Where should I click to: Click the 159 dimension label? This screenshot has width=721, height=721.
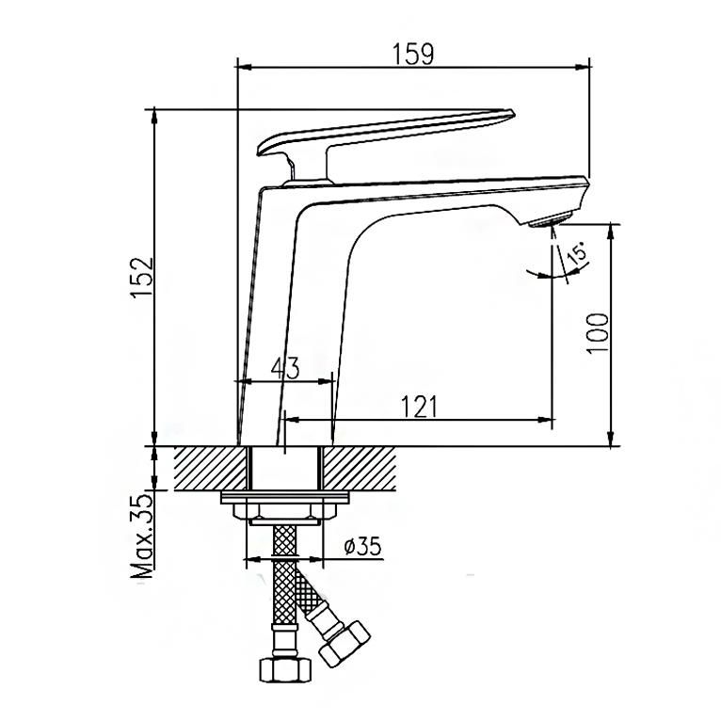point(412,54)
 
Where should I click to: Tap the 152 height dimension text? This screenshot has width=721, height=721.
point(141,278)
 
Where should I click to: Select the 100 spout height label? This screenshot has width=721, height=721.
point(598,333)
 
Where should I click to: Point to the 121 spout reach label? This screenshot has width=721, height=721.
point(420,407)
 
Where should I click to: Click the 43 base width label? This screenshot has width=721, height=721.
point(285,368)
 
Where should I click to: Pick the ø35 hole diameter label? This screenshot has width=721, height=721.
point(362,546)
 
